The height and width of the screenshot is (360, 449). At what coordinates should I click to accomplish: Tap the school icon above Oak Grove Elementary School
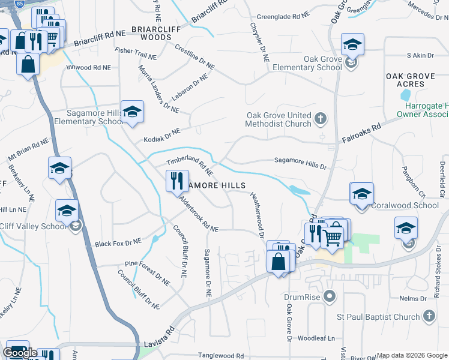click(x=352, y=44)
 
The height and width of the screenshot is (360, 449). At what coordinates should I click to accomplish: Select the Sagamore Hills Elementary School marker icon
click(x=132, y=112)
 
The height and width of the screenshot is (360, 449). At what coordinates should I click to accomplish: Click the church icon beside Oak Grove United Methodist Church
click(x=321, y=118)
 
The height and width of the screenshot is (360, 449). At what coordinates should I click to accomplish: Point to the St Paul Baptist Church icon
click(x=429, y=316)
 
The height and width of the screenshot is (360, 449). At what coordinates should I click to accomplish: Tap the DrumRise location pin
click(x=328, y=296)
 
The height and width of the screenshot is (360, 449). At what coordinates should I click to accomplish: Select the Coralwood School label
click(x=405, y=205)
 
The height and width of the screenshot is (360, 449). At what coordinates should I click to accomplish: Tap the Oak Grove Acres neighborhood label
click(x=414, y=80)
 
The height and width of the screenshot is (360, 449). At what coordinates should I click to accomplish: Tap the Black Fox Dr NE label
click(x=118, y=242)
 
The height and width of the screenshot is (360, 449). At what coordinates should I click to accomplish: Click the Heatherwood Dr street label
click(x=257, y=214)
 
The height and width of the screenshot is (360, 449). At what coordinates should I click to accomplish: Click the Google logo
click(x=20, y=353)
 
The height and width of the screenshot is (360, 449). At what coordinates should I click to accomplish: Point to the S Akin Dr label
click(x=420, y=55)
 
